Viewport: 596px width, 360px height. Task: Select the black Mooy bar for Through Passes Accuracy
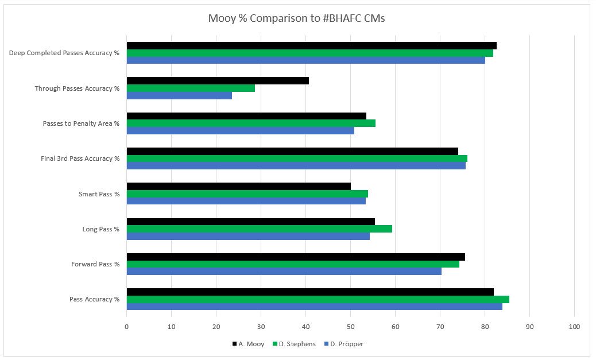click(x=218, y=80)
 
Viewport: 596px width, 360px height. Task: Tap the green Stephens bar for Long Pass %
click(x=260, y=229)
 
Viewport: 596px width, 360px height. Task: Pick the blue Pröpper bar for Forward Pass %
click(x=284, y=271)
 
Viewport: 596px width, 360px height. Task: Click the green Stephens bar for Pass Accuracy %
click(x=318, y=299)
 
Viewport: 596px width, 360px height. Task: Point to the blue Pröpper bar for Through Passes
click(x=179, y=95)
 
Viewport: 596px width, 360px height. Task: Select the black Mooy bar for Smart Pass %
click(x=239, y=186)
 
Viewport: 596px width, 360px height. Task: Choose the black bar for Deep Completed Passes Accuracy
click(x=312, y=45)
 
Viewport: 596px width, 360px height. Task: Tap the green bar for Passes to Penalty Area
click(x=251, y=123)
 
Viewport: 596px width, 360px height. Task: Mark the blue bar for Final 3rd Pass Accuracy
click(x=296, y=166)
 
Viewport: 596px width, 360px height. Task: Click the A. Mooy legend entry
click(x=248, y=344)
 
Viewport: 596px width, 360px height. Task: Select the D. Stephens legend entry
click(x=294, y=344)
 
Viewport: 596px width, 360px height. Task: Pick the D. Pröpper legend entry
click(x=343, y=344)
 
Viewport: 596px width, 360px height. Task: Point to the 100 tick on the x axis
click(x=574, y=327)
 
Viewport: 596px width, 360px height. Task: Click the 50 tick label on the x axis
click(x=350, y=327)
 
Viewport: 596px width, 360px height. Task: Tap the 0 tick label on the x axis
click(x=126, y=327)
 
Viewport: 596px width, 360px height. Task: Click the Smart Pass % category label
click(x=99, y=194)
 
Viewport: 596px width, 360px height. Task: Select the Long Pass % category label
click(x=100, y=229)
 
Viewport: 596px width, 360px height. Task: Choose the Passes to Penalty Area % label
click(x=81, y=123)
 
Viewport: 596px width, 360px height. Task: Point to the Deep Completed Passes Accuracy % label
click(x=64, y=53)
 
